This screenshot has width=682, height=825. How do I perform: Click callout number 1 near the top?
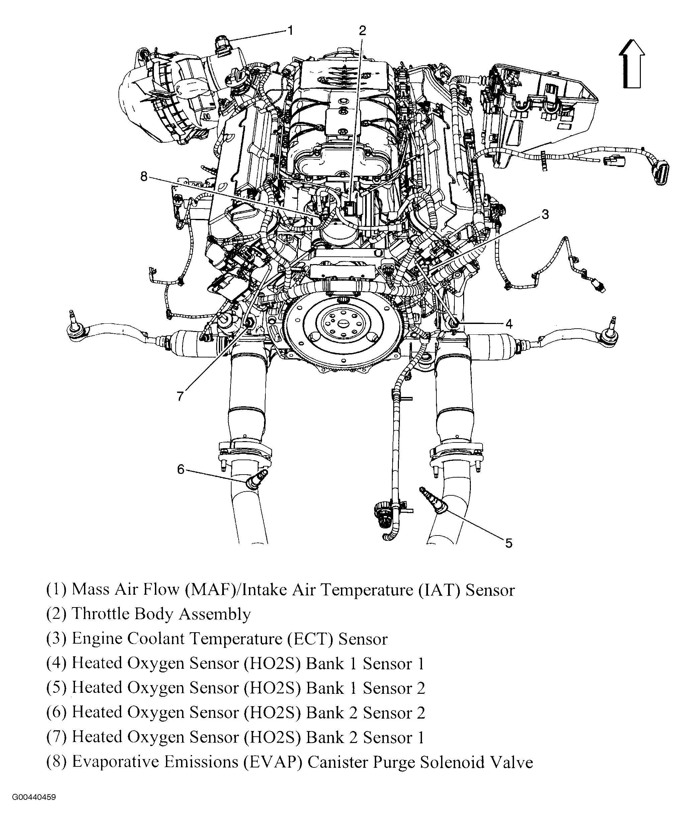(290, 31)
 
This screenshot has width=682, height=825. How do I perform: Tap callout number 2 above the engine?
(362, 31)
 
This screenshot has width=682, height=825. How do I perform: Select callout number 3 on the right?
(545, 215)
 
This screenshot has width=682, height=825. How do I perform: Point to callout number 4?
(509, 324)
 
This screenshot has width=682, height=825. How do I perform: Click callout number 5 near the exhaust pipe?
(508, 543)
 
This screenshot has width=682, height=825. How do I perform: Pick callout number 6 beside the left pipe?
(180, 469)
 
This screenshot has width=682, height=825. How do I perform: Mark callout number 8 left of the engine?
(144, 177)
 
